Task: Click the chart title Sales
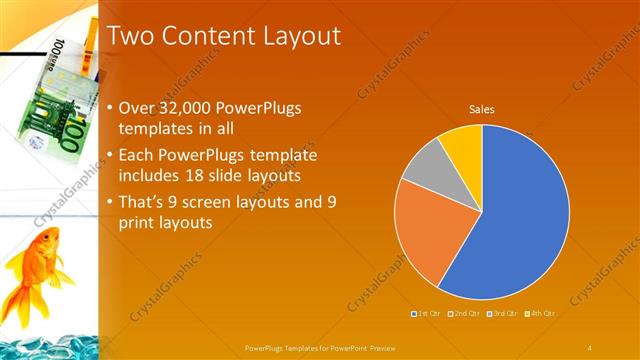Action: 482,110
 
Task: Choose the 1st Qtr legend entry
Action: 427,313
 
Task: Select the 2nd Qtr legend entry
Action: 465,313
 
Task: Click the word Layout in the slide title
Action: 296,36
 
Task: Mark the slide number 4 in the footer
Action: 590,347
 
